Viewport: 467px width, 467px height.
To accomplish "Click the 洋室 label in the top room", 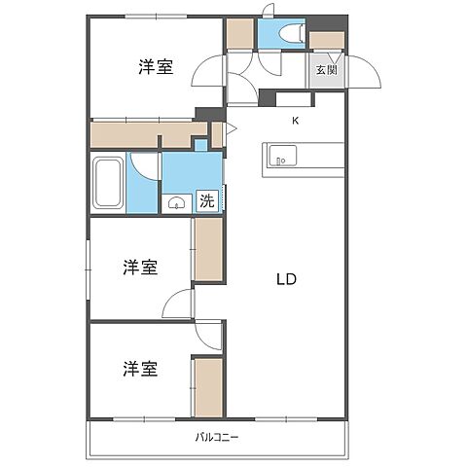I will tap(156, 67).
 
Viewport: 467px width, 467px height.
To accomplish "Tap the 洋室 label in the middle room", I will tap(142, 268).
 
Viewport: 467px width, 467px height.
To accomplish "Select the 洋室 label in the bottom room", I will tap(142, 369).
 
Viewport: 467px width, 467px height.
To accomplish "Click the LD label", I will tap(286, 279).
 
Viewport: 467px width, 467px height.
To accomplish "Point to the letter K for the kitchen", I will tap(298, 122).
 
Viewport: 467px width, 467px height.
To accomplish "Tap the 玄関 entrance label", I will tap(325, 70).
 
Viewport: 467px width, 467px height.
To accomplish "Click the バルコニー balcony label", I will tap(217, 437).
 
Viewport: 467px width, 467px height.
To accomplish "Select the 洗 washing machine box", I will tap(207, 201).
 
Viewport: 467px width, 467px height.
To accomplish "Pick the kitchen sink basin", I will tap(281, 155).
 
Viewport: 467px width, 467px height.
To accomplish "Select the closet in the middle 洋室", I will tap(207, 249).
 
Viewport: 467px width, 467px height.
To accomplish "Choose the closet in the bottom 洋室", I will tap(207, 387).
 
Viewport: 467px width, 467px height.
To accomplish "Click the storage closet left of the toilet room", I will tap(239, 34).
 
